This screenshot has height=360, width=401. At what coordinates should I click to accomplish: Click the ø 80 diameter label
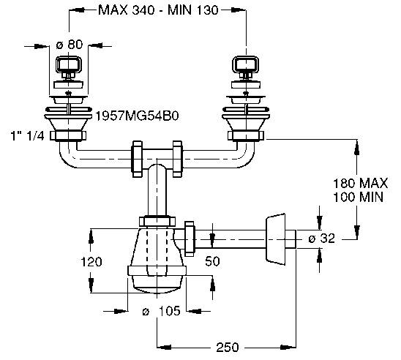70,44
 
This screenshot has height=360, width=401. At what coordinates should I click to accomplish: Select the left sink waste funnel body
70,118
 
